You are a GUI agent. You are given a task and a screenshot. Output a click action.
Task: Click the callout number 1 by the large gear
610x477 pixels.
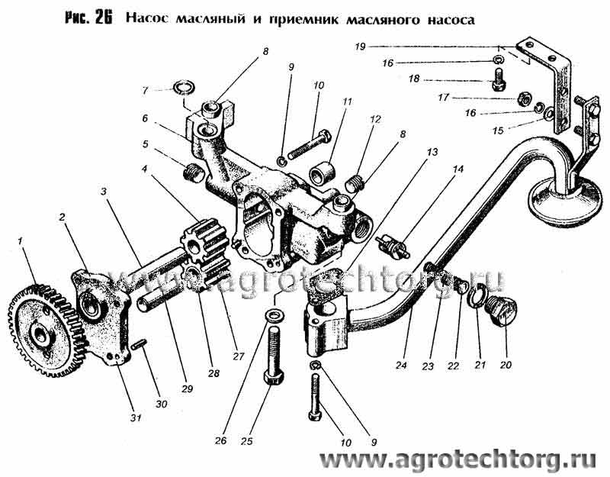[x=20, y=242]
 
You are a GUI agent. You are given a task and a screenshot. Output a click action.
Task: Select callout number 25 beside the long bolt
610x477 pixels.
[x=246, y=441]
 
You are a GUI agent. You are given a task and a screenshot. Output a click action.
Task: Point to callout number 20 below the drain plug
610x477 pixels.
[x=506, y=365]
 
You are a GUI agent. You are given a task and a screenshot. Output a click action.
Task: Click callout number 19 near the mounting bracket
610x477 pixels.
[x=360, y=47]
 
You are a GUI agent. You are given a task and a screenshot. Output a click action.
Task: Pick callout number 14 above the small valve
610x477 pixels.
[x=459, y=169]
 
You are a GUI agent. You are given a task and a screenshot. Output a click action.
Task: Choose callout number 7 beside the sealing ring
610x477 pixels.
[x=145, y=91]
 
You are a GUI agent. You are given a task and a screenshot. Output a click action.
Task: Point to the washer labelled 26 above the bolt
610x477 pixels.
[x=274, y=314]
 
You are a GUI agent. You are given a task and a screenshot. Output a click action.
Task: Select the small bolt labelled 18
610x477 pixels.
[x=498, y=79]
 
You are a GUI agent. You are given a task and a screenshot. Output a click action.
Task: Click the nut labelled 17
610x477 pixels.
[x=524, y=98]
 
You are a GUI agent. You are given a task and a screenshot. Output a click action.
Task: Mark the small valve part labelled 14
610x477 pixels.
[x=393, y=246]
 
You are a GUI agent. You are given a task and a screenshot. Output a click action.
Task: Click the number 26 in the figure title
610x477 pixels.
[x=103, y=18]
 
